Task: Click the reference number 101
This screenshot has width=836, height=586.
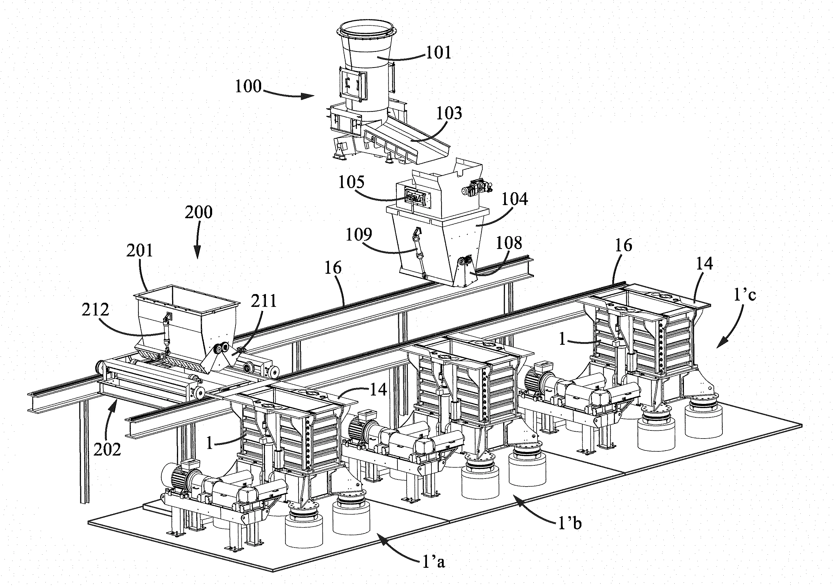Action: (438, 53)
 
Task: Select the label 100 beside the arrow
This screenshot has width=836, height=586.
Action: (248, 87)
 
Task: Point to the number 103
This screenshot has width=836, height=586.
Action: (449, 113)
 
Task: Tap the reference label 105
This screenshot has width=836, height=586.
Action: (351, 182)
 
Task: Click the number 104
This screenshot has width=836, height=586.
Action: (515, 199)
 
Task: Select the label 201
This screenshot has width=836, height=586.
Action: (140, 251)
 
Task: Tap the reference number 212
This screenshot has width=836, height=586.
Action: (95, 310)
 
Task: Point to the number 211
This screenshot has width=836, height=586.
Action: (264, 301)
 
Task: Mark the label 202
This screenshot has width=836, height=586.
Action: (107, 450)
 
